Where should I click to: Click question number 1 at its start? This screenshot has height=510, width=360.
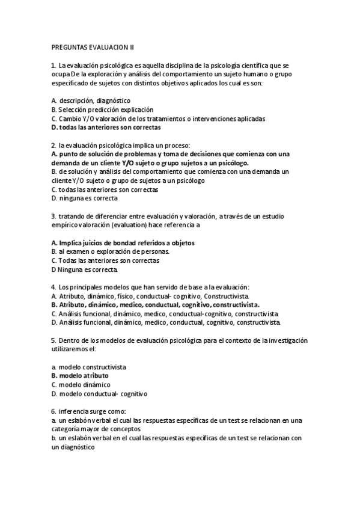click(x=54, y=65)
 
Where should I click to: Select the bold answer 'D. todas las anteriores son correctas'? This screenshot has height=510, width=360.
click(x=106, y=127)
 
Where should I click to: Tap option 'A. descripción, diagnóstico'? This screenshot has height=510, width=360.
click(x=91, y=101)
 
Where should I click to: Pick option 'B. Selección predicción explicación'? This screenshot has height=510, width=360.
click(x=102, y=110)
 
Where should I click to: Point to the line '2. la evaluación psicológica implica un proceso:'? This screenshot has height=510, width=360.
click(x=120, y=146)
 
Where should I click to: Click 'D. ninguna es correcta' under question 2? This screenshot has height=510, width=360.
click(x=85, y=198)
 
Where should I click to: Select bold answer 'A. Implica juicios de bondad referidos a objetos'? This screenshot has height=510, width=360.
click(x=123, y=242)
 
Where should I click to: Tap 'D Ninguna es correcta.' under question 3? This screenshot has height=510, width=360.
click(x=84, y=270)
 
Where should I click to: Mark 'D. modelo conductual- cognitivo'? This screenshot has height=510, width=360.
click(x=99, y=394)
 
